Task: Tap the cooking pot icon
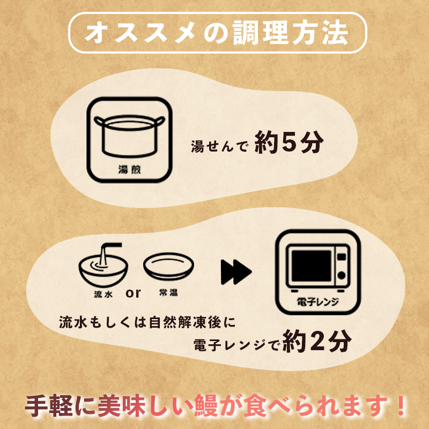coord(129,136)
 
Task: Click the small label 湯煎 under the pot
coord(129,169)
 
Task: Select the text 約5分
coord(289,142)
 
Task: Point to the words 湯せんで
coord(220,146)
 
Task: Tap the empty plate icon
coord(168,265)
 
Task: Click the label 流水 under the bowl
coord(103,294)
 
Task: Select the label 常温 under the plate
coord(168,292)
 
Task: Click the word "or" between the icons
coord(133,293)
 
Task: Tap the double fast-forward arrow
coord(236,272)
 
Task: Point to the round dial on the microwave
coord(342,275)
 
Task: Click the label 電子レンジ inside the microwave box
coord(318,302)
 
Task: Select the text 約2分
coord(317,341)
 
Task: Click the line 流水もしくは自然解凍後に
coord(147,322)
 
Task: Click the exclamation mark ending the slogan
coord(401,405)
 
